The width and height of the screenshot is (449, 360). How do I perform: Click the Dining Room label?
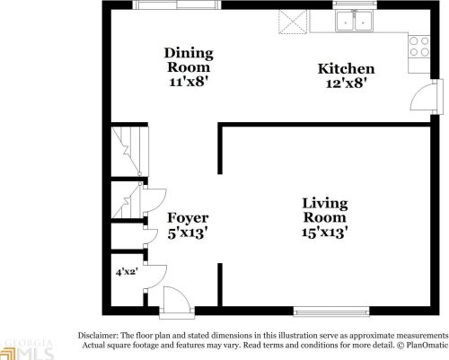pos(188,59)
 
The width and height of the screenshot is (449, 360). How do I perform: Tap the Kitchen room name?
pos(347,70)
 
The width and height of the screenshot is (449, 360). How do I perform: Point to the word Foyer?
pos(188,218)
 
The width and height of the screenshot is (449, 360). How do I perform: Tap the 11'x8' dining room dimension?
pos(188,82)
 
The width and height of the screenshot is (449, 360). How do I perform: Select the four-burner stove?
pos(421,47)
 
